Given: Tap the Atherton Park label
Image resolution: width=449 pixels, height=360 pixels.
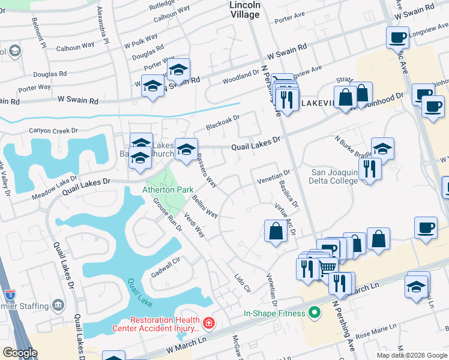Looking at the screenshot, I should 167,190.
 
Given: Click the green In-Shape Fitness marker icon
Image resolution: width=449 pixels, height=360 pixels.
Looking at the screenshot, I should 312,313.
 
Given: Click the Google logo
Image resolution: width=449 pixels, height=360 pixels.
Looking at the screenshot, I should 20,353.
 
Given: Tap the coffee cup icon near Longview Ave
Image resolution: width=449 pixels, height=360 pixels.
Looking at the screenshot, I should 397,38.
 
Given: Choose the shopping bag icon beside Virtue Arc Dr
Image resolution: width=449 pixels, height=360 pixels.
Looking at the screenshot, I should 275,231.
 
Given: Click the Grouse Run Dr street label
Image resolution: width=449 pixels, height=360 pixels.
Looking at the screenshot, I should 167,215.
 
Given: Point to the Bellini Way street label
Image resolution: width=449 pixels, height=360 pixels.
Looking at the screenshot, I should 205,204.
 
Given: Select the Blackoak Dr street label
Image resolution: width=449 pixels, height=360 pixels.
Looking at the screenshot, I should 223,123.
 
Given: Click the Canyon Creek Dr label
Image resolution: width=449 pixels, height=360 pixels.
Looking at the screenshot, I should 54,130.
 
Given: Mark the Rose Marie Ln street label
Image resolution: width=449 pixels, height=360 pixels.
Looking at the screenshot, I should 376,328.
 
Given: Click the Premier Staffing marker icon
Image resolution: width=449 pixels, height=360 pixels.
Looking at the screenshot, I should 58,305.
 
